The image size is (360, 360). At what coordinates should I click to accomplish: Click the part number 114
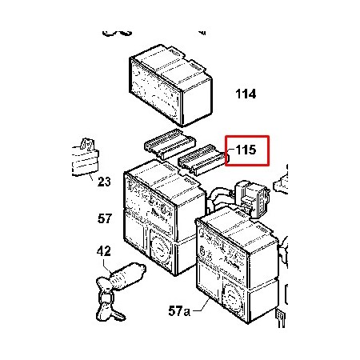pos(246,94)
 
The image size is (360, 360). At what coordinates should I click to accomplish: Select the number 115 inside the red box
pos(246,150)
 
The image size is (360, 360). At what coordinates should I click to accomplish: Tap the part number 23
pos(104,182)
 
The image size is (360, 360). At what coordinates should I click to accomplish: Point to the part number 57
pos(105,218)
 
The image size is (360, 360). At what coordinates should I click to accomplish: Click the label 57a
pos(179,311)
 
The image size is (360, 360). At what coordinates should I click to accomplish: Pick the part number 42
pos(104,251)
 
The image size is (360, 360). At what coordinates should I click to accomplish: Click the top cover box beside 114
pos(170,86)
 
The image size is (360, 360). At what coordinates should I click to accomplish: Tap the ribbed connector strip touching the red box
pos(203,159)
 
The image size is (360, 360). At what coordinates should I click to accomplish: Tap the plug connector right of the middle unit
pos(252,198)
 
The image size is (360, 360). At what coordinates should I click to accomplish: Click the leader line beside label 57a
pos(202,306)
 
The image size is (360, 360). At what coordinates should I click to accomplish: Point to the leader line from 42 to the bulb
pos(108,265)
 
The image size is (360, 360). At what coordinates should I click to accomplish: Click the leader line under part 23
pos(91,177)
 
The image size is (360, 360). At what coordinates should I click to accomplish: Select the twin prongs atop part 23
pos(87,145)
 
